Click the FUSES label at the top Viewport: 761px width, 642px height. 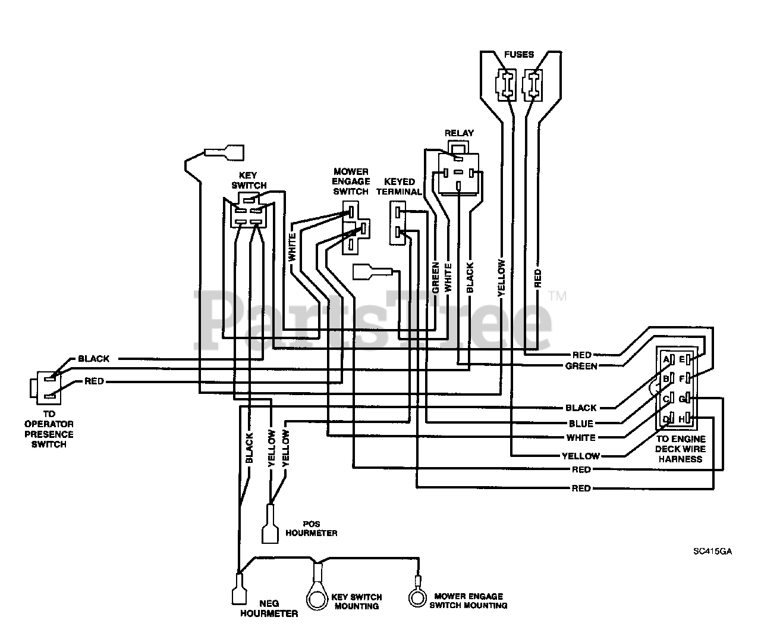click(519, 55)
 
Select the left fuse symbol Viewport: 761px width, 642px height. click(505, 83)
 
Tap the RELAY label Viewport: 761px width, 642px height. click(460, 133)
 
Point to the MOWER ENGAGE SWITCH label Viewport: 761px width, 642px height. click(351, 181)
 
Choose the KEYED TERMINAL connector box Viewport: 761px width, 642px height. click(398, 223)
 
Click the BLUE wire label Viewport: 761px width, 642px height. click(581, 424)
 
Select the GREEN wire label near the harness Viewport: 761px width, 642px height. click(581, 366)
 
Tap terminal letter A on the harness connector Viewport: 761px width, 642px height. click(666, 359)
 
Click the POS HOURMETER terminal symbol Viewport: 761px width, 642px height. click(270, 523)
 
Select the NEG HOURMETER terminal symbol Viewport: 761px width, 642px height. click(238, 589)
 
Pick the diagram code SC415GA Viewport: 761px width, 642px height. click(712, 551)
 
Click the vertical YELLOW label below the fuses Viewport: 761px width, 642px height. click(501, 278)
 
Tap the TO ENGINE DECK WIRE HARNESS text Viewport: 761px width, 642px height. click(681, 449)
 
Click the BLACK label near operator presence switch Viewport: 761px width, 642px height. click(93, 359)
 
